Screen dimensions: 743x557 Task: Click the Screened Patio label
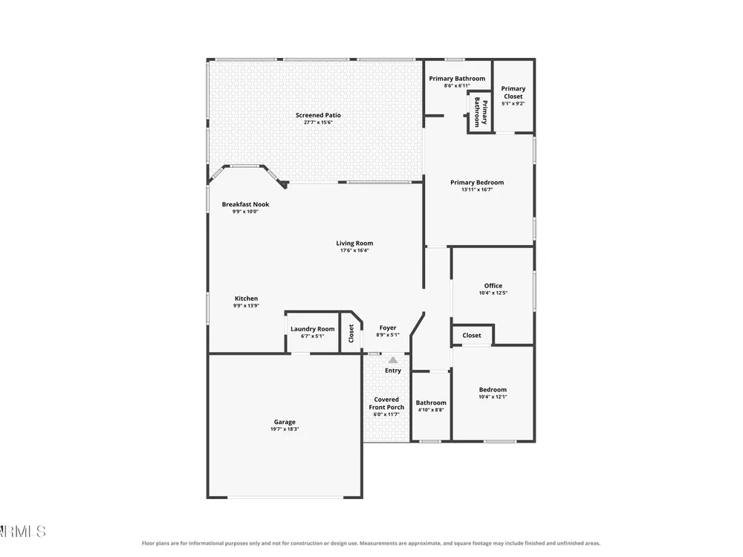(x=318, y=115)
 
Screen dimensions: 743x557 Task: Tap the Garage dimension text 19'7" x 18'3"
(x=285, y=429)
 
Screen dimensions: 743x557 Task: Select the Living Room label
(x=354, y=244)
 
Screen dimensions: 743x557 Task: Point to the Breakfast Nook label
(x=245, y=205)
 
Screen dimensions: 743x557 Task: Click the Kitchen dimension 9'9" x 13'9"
(x=246, y=305)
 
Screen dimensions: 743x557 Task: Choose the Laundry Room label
(x=312, y=329)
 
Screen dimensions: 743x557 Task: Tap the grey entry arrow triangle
(x=393, y=360)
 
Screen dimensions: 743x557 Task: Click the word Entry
(x=393, y=371)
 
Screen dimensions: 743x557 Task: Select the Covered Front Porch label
(x=386, y=403)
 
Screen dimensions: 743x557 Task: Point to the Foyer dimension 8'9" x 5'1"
(x=388, y=335)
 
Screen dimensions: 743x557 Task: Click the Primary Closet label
(x=513, y=92)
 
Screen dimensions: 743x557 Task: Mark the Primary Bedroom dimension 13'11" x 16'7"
(x=477, y=189)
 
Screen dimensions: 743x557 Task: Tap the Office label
(x=493, y=286)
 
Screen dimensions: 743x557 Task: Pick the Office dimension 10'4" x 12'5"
(x=493, y=293)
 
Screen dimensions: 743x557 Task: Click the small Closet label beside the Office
(x=472, y=336)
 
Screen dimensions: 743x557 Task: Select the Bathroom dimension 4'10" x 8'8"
(x=431, y=410)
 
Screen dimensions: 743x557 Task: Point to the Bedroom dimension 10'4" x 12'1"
(x=493, y=397)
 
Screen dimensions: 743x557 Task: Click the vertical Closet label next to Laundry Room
(x=351, y=333)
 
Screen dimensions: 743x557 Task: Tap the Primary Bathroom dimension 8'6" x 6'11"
(x=457, y=85)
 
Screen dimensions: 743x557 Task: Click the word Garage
(x=285, y=422)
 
